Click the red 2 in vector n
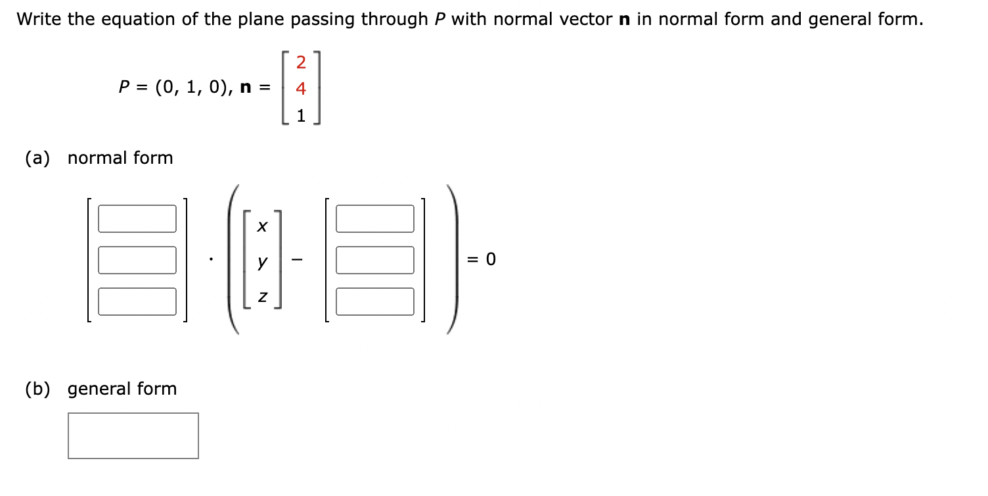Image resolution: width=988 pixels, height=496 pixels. click(x=301, y=63)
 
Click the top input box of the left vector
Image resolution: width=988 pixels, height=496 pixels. click(x=137, y=218)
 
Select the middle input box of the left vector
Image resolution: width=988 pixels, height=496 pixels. click(x=137, y=260)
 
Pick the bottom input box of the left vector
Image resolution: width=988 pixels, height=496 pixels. click(x=137, y=301)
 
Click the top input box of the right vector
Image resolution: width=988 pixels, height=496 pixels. click(x=375, y=218)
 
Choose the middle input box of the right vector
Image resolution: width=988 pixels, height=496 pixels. click(x=375, y=260)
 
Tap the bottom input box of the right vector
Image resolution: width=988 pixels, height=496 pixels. click(x=375, y=301)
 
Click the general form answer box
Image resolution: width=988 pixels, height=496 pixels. click(x=133, y=435)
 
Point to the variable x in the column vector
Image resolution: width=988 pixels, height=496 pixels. click(x=262, y=226)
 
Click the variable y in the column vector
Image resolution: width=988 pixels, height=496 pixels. click(x=262, y=262)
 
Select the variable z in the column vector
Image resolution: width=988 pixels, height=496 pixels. click(x=262, y=298)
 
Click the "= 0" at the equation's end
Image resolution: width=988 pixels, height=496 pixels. click(x=481, y=260)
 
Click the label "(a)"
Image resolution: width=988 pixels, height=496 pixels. click(x=37, y=158)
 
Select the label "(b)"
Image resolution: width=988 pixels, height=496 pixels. click(x=37, y=389)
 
